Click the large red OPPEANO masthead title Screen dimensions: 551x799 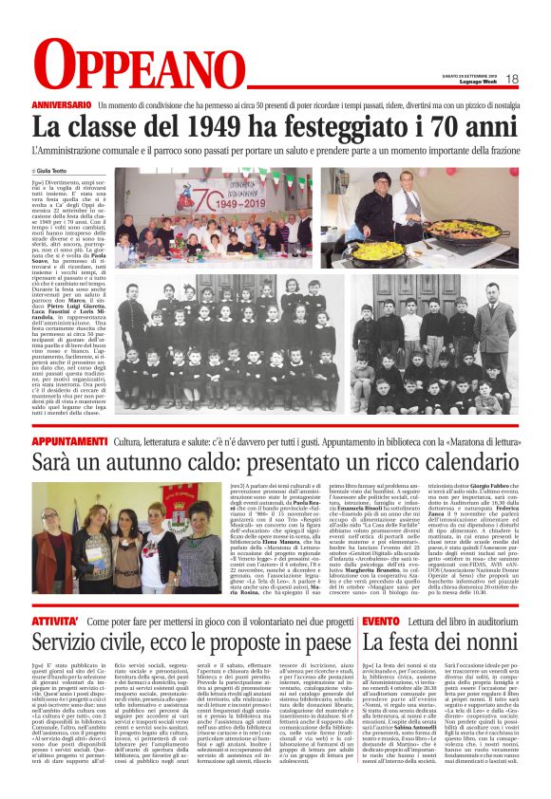click(x=124, y=65)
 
